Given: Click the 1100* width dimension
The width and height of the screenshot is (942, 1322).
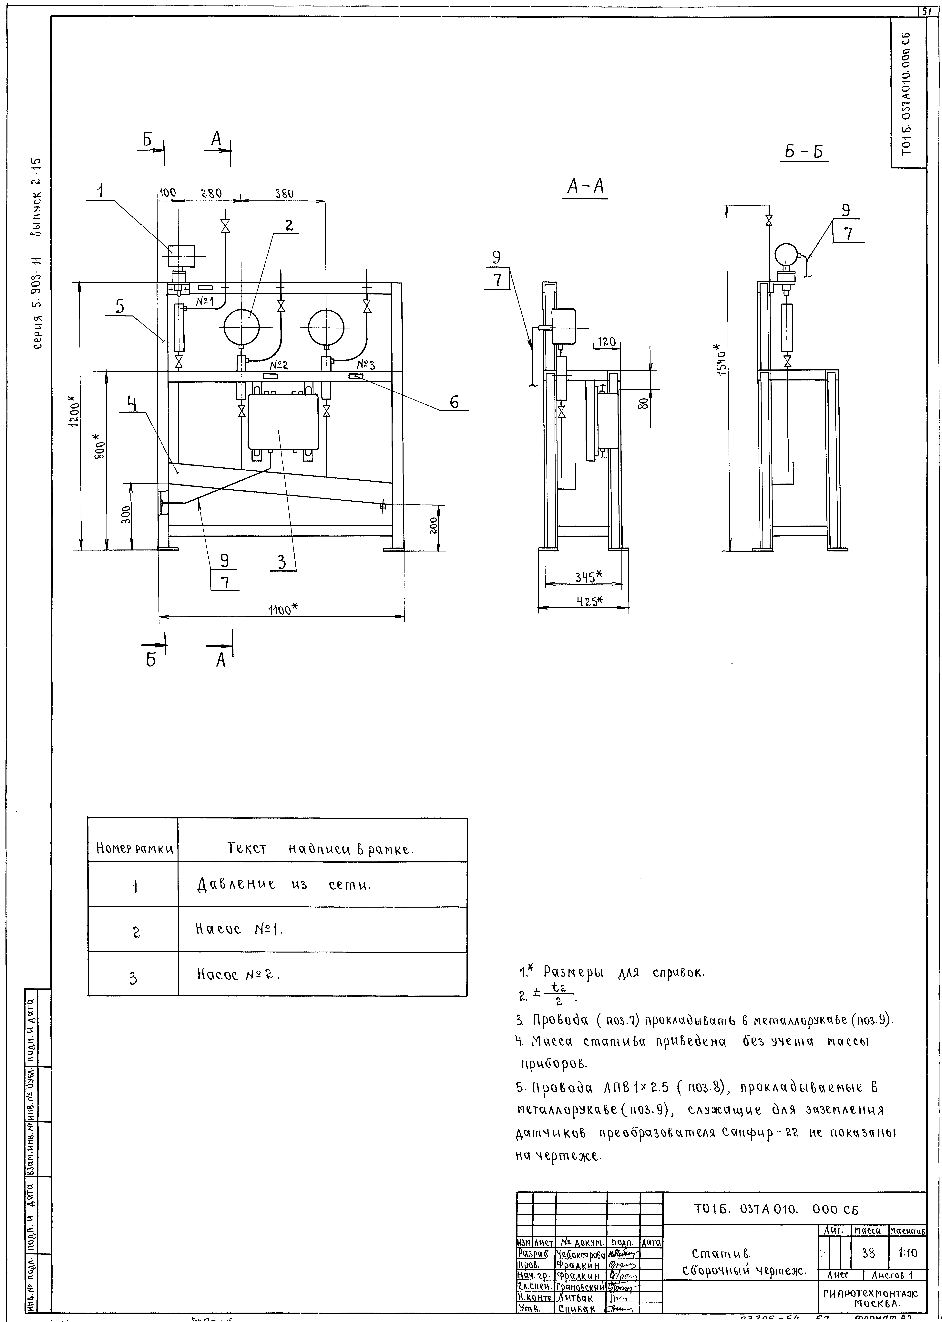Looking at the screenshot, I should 282,608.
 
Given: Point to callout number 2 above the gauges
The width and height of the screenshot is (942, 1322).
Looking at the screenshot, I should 288,225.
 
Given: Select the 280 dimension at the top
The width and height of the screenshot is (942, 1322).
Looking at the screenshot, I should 211,194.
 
